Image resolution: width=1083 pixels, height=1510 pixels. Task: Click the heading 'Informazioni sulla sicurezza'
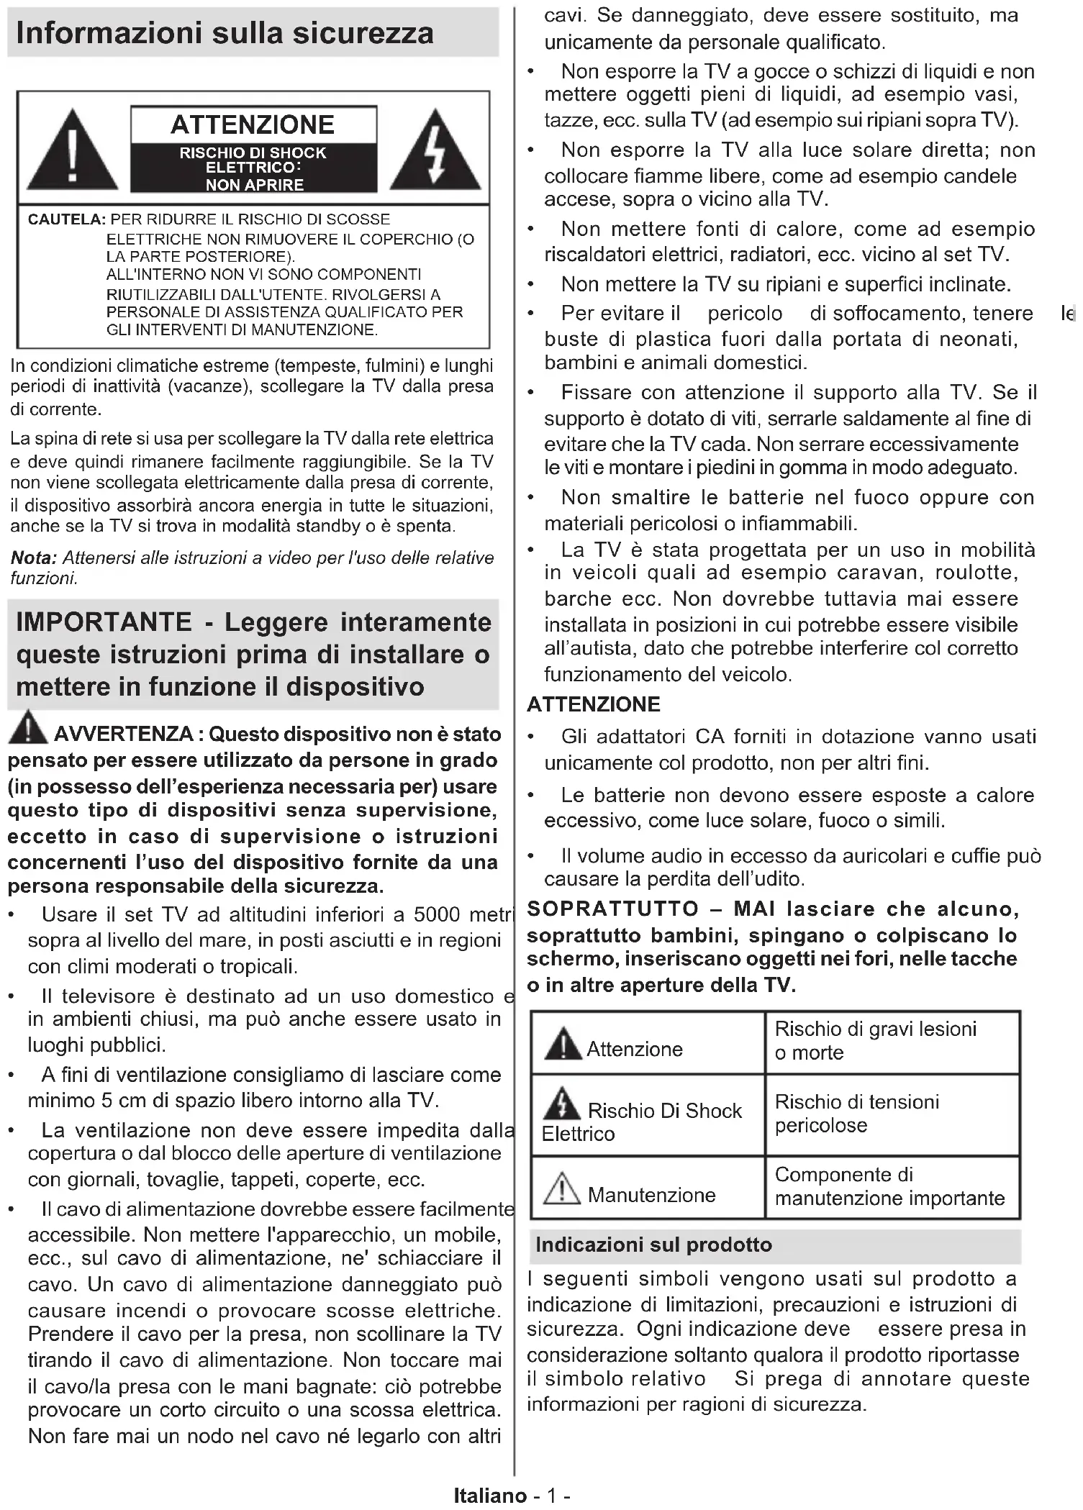coord(225,33)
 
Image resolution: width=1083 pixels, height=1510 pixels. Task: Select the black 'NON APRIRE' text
coord(254,185)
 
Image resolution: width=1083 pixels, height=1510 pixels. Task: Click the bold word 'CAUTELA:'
coord(67,219)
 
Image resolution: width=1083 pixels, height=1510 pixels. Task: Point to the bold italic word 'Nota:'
coord(33,558)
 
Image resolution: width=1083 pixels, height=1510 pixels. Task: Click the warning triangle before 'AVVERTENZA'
coord(28,727)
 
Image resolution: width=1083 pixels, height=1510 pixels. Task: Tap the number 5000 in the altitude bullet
coord(436,914)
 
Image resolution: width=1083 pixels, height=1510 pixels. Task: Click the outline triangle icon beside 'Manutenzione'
coord(561,1188)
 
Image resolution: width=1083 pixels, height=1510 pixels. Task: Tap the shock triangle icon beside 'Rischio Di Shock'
coord(562,1102)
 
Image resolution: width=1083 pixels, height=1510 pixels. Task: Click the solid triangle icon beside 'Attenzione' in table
coord(562,1044)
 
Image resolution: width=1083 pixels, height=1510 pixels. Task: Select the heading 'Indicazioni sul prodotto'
coord(653,1245)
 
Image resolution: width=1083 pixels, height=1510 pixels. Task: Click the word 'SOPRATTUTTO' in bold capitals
coord(612,909)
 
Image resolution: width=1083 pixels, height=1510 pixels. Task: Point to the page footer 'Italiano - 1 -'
coord(512,1496)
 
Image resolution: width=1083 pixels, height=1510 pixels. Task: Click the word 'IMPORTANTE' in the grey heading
coord(104,622)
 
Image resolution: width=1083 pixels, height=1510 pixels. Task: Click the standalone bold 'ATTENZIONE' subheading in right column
coord(593,704)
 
